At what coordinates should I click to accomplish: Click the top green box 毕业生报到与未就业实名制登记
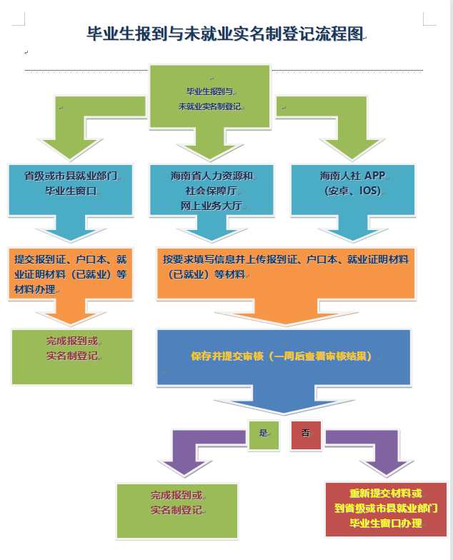coord(210,97)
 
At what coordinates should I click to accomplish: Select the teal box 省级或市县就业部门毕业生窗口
coord(70,184)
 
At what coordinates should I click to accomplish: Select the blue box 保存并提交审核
coord(284,357)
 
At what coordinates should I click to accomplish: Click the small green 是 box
coord(264,434)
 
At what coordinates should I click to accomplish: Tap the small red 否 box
coord(305,434)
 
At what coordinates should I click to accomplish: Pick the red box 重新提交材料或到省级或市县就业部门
coord(386,509)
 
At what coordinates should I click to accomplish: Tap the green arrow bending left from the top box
coord(79,125)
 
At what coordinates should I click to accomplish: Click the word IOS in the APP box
coord(369,191)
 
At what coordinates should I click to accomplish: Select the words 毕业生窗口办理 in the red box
coord(386,524)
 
